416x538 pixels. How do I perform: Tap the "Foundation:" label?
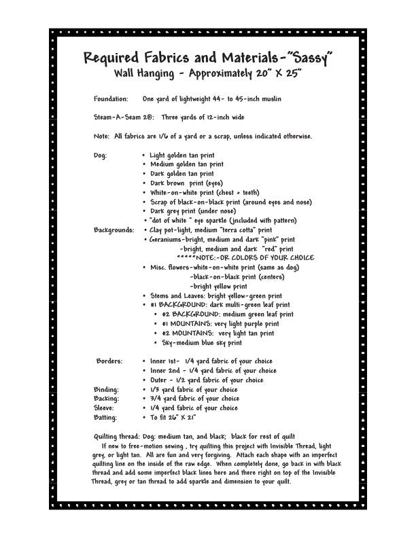click(x=111, y=98)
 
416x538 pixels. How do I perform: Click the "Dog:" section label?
click(x=101, y=155)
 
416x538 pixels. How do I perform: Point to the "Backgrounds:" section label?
click(x=114, y=230)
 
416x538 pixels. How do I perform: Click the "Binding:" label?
click(x=106, y=389)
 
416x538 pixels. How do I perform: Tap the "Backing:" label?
click(x=106, y=398)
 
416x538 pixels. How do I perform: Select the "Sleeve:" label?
click(x=105, y=408)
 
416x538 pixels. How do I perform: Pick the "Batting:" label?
click(x=106, y=417)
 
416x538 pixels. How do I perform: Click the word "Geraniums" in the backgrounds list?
click(x=164, y=239)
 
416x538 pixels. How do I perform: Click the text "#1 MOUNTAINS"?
click(x=179, y=324)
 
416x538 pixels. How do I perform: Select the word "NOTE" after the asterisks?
click(x=205, y=258)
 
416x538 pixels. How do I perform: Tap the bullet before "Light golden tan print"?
click(x=144, y=156)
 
